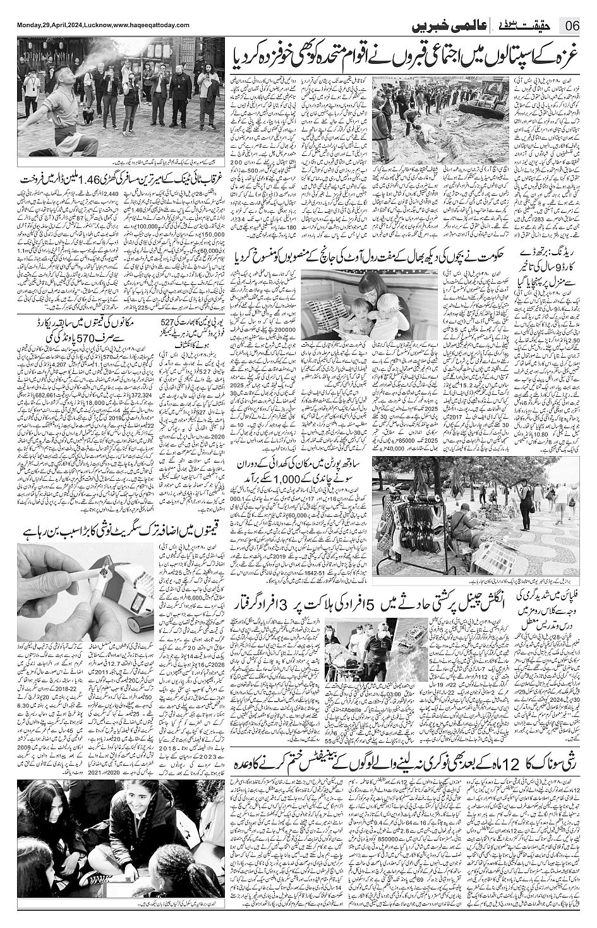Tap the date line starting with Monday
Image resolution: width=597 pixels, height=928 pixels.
click(103, 24)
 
